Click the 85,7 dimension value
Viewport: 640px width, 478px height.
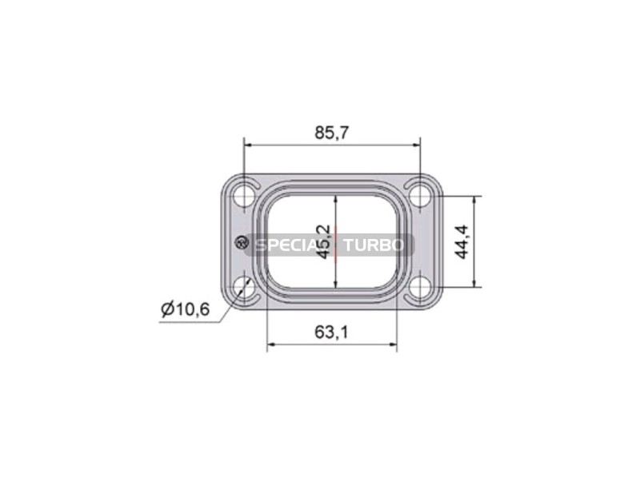click(331, 133)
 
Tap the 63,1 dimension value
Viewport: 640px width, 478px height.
click(331, 333)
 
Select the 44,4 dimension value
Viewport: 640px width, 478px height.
click(462, 242)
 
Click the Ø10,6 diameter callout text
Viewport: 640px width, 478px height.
click(186, 309)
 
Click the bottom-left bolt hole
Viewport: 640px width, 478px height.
click(244, 287)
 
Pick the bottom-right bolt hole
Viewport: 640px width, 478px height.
click(420, 287)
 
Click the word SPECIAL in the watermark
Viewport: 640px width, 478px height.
click(291, 245)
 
